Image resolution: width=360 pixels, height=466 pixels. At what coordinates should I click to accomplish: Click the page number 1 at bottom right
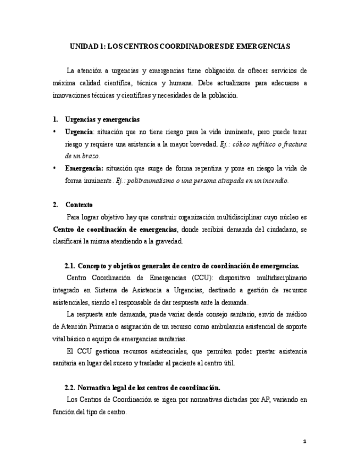point(304,441)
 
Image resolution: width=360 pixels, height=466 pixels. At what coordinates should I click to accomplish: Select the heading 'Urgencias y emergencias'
point(102,119)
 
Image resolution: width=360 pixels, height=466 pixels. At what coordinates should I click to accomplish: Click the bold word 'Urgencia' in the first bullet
point(79,132)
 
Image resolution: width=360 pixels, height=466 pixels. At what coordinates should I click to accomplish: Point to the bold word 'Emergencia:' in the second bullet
point(84,168)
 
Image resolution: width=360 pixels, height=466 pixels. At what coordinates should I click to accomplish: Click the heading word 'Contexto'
point(79,204)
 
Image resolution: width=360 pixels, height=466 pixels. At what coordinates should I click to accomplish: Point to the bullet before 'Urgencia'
point(54,132)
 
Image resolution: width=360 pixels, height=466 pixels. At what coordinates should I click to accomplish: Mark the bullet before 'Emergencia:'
point(54,168)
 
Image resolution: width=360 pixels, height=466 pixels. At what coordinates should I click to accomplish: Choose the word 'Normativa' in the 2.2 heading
point(95,387)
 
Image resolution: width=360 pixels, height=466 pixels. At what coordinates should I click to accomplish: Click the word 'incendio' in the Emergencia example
point(273,180)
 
